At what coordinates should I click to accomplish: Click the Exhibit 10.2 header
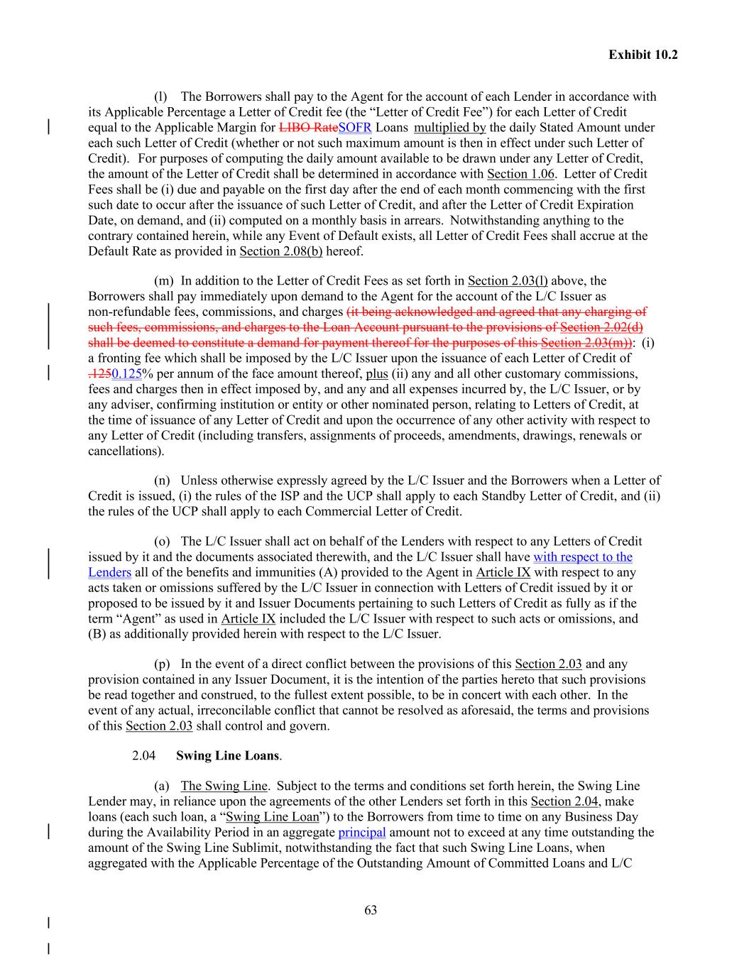pyautogui.click(x=643, y=54)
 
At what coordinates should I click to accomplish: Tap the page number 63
pyautogui.click(x=371, y=910)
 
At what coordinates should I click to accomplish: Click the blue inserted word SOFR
pyautogui.click(x=355, y=128)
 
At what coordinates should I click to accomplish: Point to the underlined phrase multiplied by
pyautogui.click(x=449, y=128)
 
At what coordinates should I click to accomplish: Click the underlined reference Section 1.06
pyautogui.click(x=520, y=174)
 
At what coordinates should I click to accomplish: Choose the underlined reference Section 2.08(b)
pyautogui.click(x=280, y=251)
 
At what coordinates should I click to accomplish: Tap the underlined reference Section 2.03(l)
pyautogui.click(x=508, y=281)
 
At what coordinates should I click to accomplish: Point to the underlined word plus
pyautogui.click(x=377, y=374)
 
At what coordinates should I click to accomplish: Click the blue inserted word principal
pyautogui.click(x=362, y=832)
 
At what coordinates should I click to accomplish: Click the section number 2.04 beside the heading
pyautogui.click(x=143, y=755)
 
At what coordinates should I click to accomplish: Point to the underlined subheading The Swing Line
pyautogui.click(x=224, y=786)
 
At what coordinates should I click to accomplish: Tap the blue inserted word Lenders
pyautogui.click(x=109, y=572)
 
